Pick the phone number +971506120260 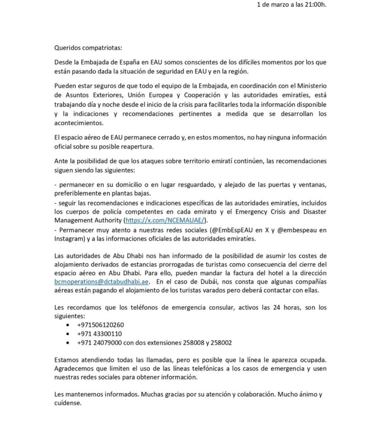[x=100, y=325]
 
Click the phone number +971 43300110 [x=99, y=333]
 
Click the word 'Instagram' [x=69, y=238]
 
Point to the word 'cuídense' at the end [x=68, y=402]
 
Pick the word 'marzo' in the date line [x=275, y=5]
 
